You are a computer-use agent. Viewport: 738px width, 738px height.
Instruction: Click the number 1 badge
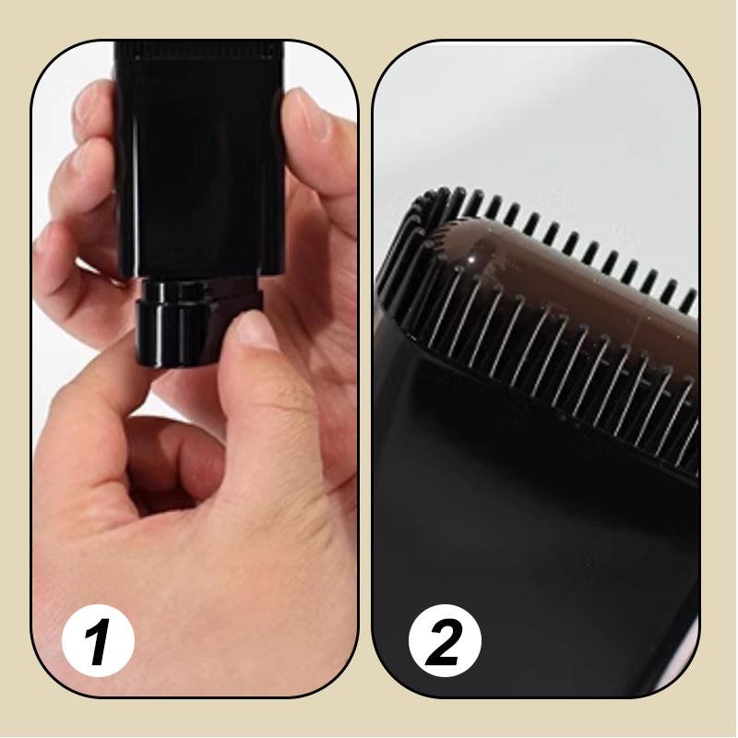click(x=98, y=639)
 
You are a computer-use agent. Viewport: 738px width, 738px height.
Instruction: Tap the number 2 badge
click(x=445, y=639)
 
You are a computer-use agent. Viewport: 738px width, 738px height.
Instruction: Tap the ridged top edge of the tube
click(x=198, y=51)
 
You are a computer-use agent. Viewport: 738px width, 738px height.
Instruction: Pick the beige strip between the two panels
click(x=365, y=369)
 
